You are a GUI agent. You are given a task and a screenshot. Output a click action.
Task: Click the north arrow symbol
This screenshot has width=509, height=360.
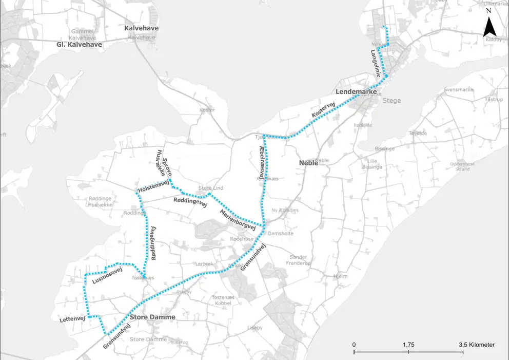pos(488,27)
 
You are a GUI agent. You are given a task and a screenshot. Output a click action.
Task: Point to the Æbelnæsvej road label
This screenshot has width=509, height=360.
pos(262,162)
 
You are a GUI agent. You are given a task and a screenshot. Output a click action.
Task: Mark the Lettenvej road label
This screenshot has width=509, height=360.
pos(72,319)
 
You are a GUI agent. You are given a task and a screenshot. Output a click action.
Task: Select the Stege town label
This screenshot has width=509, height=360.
pos(392,101)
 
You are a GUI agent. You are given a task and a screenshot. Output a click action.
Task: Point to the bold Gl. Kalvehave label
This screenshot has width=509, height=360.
pos(80,45)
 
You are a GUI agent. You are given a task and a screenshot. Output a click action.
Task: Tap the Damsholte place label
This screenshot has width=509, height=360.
pos(281,233)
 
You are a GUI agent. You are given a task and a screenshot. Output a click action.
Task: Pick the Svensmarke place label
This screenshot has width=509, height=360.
pos(458,90)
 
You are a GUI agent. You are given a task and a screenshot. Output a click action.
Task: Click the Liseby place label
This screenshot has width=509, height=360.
pos(255,328)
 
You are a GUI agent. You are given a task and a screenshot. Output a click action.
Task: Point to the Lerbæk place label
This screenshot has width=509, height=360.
pos(203,264)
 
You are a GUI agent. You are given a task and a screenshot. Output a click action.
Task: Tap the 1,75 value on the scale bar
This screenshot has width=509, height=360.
pos(408,345)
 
